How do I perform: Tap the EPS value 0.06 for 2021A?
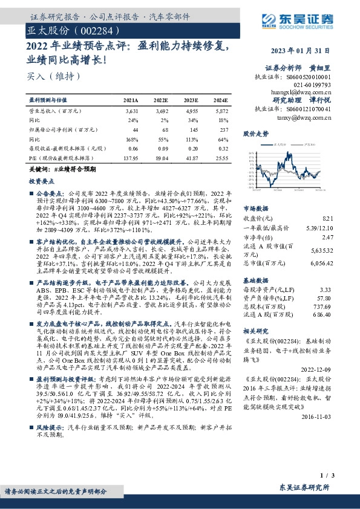point(133,147)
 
